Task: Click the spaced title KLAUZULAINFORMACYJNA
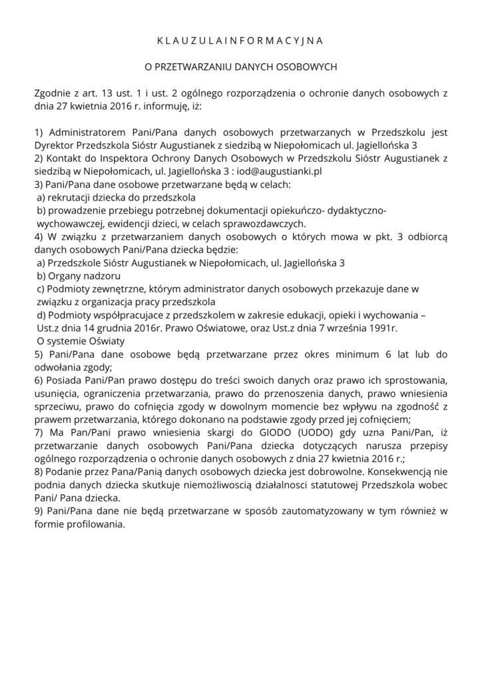(240, 41)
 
